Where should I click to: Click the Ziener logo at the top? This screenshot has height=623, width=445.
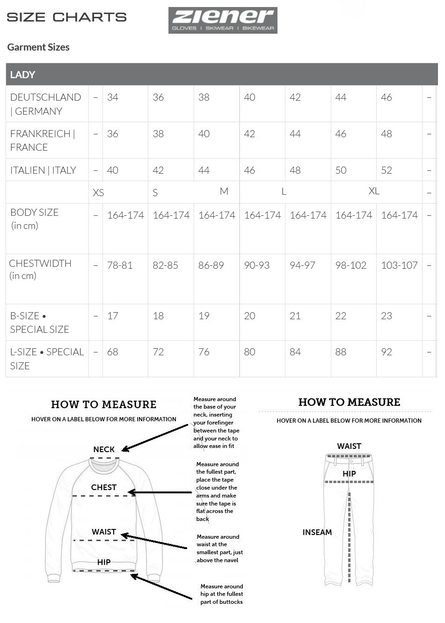tap(223, 20)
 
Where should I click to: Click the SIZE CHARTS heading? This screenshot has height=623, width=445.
tap(66, 17)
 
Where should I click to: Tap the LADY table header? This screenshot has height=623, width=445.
tap(22, 74)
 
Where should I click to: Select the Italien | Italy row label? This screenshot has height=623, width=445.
tap(43, 170)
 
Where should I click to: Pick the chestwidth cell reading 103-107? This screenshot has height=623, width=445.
tap(399, 265)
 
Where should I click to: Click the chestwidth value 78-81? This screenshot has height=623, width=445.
tap(120, 265)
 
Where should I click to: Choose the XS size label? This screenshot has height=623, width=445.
tap(98, 193)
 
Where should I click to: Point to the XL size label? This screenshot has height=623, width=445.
tap(374, 191)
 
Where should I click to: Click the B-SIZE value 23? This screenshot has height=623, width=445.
tap(387, 316)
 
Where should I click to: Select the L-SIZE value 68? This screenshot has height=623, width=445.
tap(113, 352)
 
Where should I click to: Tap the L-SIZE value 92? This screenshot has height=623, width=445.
tap(387, 352)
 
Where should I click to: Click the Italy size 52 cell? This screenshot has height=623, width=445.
tap(387, 170)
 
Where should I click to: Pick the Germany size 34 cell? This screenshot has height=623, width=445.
tap(113, 97)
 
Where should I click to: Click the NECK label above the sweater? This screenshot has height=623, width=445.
tap(104, 449)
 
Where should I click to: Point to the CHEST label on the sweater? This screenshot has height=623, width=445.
tap(104, 487)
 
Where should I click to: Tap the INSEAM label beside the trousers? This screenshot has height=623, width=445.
tap(317, 532)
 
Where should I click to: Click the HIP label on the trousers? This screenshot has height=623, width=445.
tap(349, 474)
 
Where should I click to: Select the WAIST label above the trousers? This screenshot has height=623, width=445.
tap(349, 446)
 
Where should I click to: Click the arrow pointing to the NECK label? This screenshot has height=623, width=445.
tap(154, 438)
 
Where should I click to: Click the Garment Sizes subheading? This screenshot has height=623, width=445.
tap(38, 47)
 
